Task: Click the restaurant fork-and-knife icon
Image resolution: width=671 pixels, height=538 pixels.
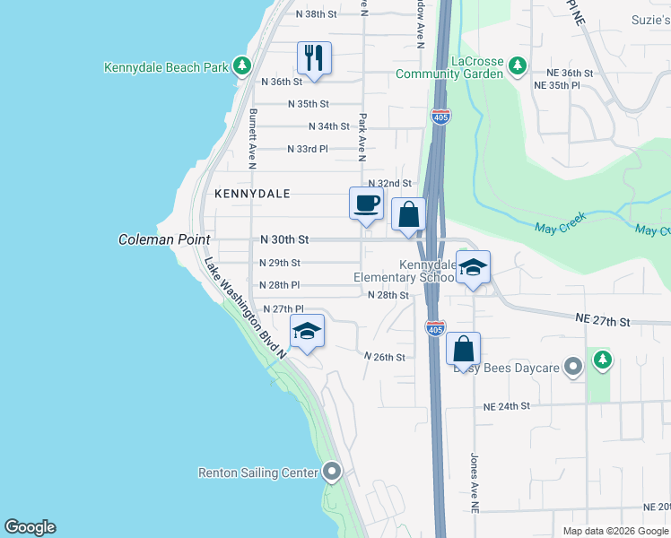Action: coord(314,59)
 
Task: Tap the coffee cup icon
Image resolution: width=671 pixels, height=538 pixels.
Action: coord(365,203)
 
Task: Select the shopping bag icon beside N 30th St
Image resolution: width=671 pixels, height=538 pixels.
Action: coord(409,215)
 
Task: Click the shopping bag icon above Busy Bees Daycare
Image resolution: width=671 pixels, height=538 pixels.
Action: coord(463,349)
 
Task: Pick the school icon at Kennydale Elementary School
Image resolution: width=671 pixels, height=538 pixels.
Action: coord(474,267)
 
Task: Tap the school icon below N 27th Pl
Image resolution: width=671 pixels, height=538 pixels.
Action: coord(307,332)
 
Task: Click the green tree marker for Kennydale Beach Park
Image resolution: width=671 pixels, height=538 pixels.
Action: coord(240,66)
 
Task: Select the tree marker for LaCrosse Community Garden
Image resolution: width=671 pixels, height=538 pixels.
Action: coord(517,65)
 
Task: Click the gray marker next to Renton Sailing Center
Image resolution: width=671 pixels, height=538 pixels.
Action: coord(333,472)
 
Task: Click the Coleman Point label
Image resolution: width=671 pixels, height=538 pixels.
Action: coord(164,239)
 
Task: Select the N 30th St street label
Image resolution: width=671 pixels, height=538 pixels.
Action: coord(284,240)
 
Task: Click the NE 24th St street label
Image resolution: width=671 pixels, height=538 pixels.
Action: coord(507,406)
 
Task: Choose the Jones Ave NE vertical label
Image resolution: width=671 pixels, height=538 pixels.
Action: coord(475,481)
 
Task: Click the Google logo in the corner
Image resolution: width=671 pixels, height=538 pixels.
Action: coord(30,527)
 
